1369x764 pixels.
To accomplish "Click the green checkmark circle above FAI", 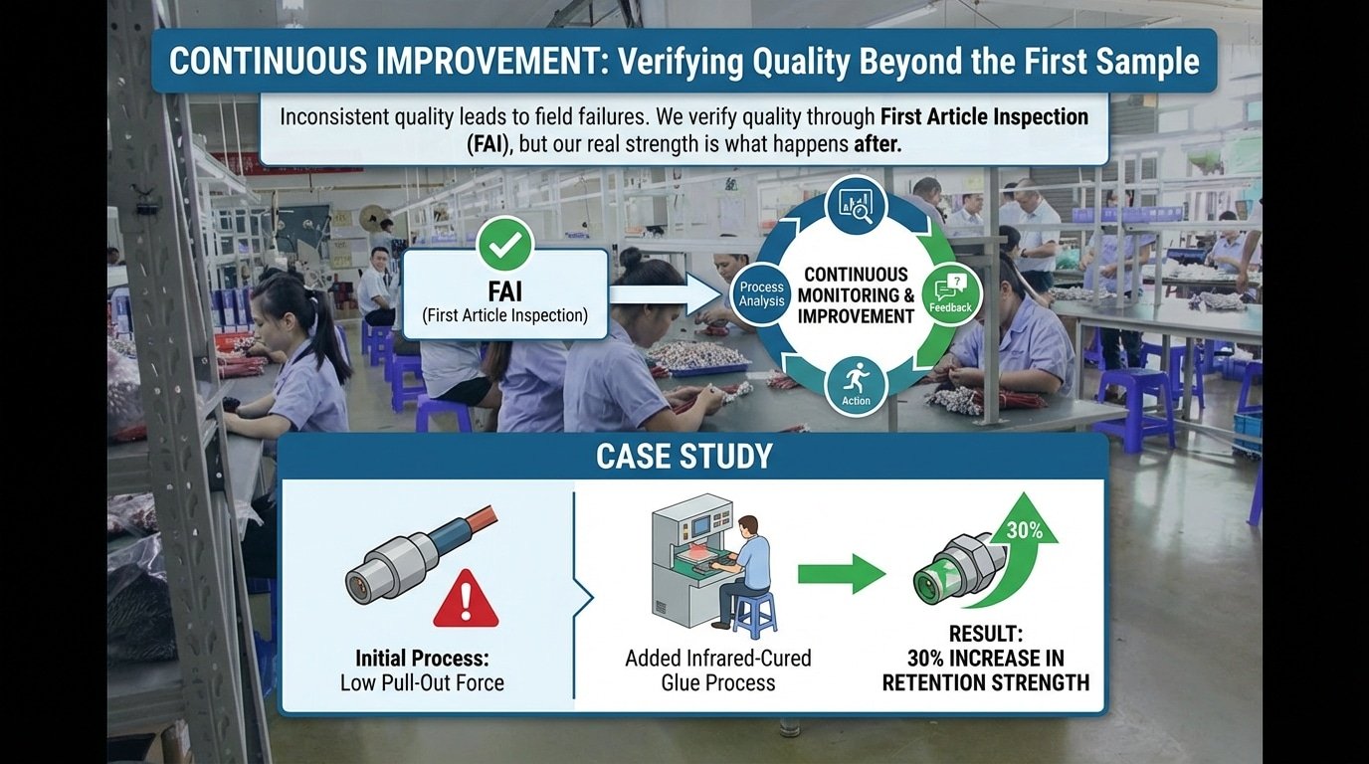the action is (505, 245).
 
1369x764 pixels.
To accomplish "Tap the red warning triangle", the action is (466, 600).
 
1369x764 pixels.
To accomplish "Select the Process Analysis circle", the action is (761, 294).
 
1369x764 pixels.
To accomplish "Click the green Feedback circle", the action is (951, 294).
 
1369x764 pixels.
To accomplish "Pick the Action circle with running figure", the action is (856, 386).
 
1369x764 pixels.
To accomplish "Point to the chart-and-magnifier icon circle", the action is (856, 205).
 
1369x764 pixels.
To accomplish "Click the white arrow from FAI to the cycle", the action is (667, 294).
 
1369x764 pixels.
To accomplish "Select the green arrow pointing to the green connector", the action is (842, 574).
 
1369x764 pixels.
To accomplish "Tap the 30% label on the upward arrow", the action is (1025, 530).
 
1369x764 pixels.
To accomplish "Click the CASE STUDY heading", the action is (684, 456).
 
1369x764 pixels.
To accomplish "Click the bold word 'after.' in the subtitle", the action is (878, 144).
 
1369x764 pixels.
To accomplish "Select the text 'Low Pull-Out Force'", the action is (422, 682).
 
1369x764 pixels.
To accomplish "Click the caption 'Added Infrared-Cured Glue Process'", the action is (718, 670).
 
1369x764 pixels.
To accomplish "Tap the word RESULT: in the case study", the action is (986, 634).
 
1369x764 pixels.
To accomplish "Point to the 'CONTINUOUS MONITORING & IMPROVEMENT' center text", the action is (856, 295).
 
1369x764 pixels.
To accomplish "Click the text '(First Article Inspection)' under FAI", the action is (504, 315).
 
